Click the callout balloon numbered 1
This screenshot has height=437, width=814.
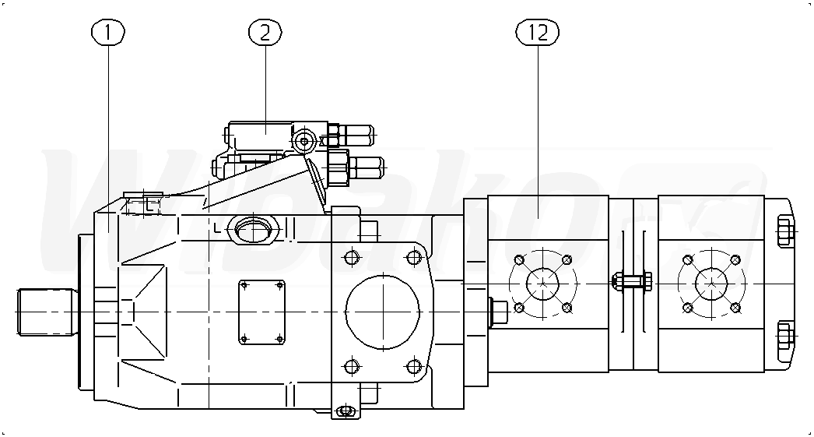tap(108, 33)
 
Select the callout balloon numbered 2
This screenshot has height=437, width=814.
tap(265, 33)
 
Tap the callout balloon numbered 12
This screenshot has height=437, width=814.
tap(537, 33)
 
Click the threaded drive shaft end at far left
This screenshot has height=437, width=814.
tap(46, 312)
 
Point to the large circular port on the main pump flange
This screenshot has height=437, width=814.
tap(383, 312)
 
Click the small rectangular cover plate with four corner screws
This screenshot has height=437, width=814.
tap(262, 312)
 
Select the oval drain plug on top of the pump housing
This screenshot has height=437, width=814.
tap(251, 229)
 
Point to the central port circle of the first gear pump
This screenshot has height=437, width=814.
tap(543, 284)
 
